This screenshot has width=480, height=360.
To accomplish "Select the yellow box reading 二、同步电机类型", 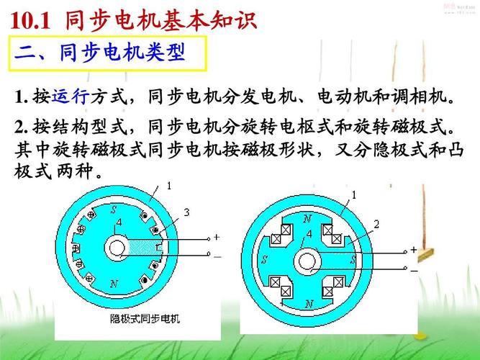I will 109,53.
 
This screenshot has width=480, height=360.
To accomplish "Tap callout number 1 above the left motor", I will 170,185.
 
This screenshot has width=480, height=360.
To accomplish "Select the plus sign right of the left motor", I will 217,237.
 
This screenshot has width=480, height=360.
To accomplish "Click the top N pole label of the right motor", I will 308,218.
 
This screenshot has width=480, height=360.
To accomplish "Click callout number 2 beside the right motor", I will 376,225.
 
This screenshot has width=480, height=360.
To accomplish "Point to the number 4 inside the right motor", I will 309,234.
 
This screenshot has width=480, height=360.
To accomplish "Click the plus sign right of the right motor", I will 414,249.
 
